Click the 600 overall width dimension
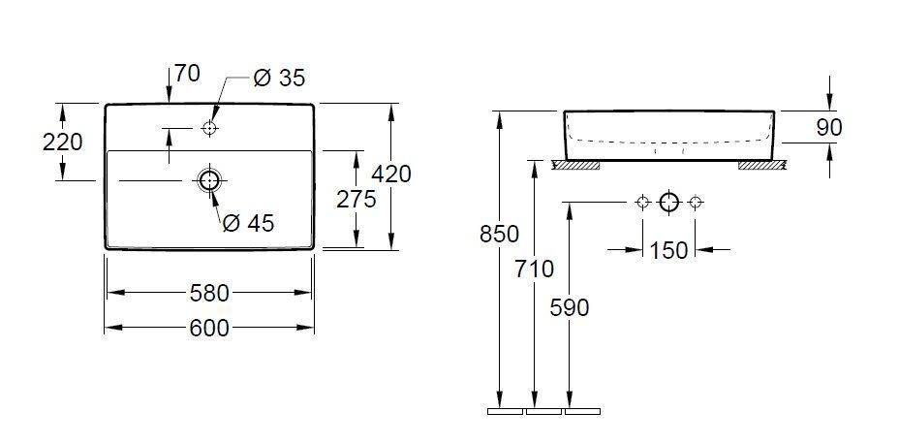click(x=208, y=329)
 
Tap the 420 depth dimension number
click(x=391, y=174)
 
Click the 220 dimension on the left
click(x=62, y=143)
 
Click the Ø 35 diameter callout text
click(x=278, y=78)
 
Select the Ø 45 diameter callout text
click(x=248, y=224)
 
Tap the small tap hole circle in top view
click(x=209, y=128)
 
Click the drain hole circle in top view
click(x=208, y=180)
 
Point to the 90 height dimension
click(x=829, y=127)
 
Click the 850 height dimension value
click(x=500, y=234)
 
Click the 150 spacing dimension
click(x=668, y=250)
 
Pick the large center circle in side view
click(x=668, y=202)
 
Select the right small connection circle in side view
click(x=695, y=202)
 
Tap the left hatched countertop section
click(x=575, y=165)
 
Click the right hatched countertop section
click(x=760, y=165)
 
